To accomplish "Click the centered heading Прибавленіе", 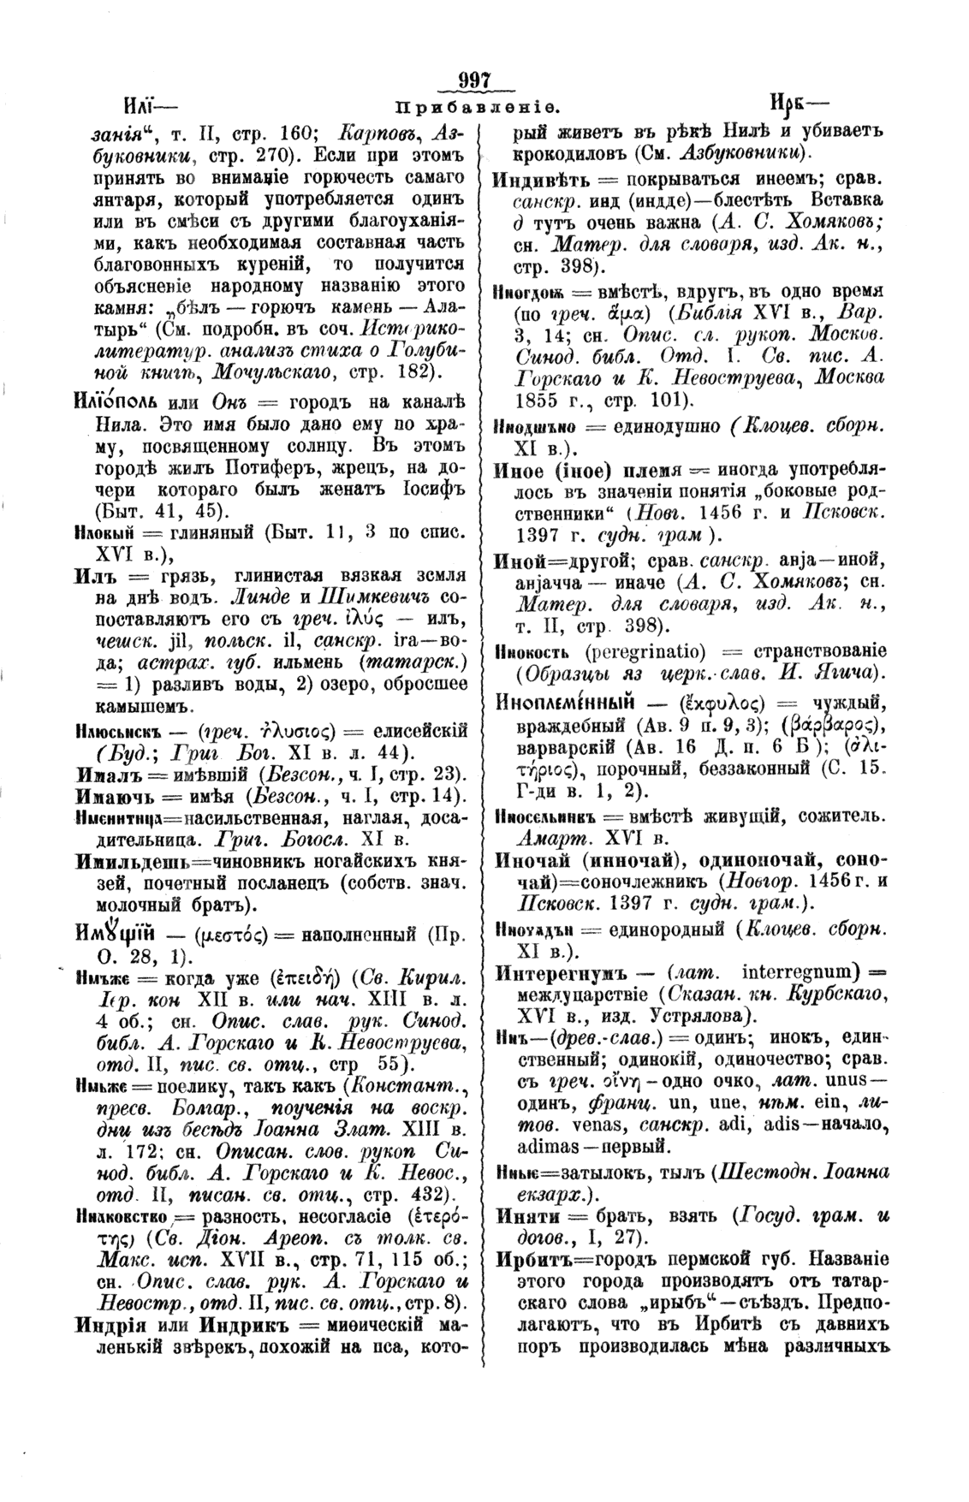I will point(477,108).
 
